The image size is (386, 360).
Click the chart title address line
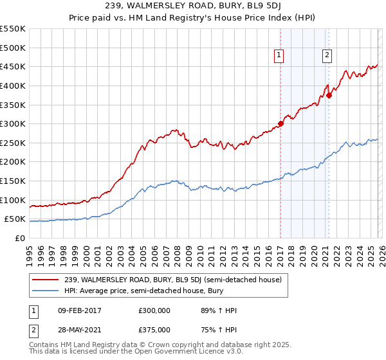(193, 6)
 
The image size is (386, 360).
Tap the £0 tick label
(19, 238)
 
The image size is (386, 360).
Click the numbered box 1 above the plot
(279, 56)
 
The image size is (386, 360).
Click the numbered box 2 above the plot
(327, 56)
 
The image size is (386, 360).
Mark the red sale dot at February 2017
(280, 123)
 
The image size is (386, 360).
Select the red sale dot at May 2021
(329, 95)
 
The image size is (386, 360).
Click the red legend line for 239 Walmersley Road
(46, 280)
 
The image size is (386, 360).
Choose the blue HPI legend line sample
(46, 291)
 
